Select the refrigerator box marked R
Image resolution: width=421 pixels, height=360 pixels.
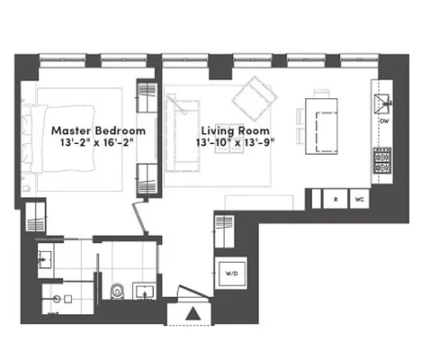[335, 200]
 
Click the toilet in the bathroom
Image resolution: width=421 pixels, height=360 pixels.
[118, 291]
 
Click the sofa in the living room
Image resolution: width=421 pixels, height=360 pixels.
[179, 134]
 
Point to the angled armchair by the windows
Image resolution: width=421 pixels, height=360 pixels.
[255, 94]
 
